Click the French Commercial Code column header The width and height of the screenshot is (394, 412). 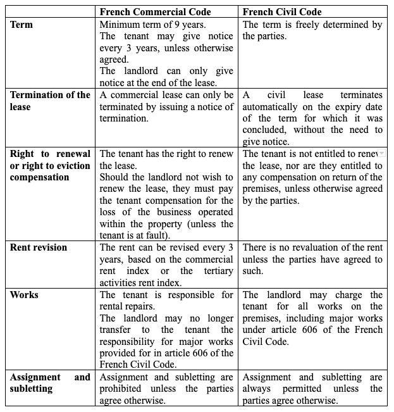tap(156, 12)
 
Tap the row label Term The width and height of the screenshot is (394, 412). tap(22, 25)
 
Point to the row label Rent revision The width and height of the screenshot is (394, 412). tap(39, 247)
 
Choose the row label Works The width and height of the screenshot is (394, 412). tap(24, 295)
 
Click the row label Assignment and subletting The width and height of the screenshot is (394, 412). tap(50, 383)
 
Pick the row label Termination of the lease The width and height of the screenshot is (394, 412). tap(50, 101)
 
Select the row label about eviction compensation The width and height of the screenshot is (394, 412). tap(50, 165)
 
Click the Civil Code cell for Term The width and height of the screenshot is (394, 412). tap(312, 30)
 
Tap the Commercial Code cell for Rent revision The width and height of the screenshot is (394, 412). tap(166, 265)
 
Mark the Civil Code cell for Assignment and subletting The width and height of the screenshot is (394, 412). tap(312, 389)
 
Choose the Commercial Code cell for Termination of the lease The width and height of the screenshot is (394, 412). tap(166, 107)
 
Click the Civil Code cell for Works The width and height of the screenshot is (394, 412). tap(312, 318)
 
